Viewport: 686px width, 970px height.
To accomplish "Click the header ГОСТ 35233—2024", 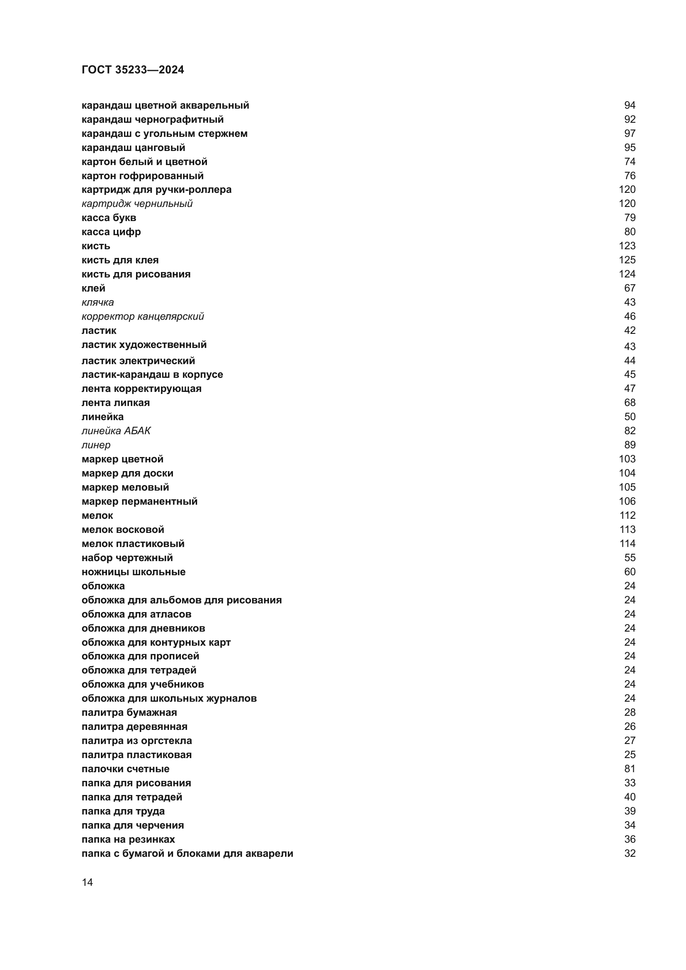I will click(133, 70).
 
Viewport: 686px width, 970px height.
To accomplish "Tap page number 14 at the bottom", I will click(87, 882).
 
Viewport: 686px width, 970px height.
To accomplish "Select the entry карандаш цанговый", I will click(133, 148).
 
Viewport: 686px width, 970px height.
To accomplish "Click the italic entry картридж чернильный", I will click(137, 204).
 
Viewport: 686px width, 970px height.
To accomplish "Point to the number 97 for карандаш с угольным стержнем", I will click(630, 134).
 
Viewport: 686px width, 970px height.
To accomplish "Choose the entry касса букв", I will click(109, 218).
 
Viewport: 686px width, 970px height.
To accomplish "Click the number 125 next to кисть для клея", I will click(627, 260).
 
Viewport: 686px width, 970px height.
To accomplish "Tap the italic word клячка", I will click(97, 302).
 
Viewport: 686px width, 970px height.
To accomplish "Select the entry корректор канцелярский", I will click(142, 316).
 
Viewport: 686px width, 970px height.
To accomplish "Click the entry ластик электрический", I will click(138, 361).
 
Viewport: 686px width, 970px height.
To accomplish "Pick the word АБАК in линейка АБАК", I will click(137, 431).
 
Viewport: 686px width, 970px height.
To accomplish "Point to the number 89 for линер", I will click(630, 445).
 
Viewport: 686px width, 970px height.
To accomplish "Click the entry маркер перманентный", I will click(139, 501).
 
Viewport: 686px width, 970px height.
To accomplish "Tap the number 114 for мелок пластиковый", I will click(627, 544).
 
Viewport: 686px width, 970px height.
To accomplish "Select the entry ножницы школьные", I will click(134, 572).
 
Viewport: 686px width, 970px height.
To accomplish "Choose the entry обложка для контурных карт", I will click(156, 642).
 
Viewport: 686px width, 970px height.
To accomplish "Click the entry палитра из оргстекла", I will click(136, 741).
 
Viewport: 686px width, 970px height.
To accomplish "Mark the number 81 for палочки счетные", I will click(630, 769).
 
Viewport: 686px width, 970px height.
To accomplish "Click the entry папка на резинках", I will click(128, 839).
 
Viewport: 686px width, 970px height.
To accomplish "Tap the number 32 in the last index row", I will click(630, 853).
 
